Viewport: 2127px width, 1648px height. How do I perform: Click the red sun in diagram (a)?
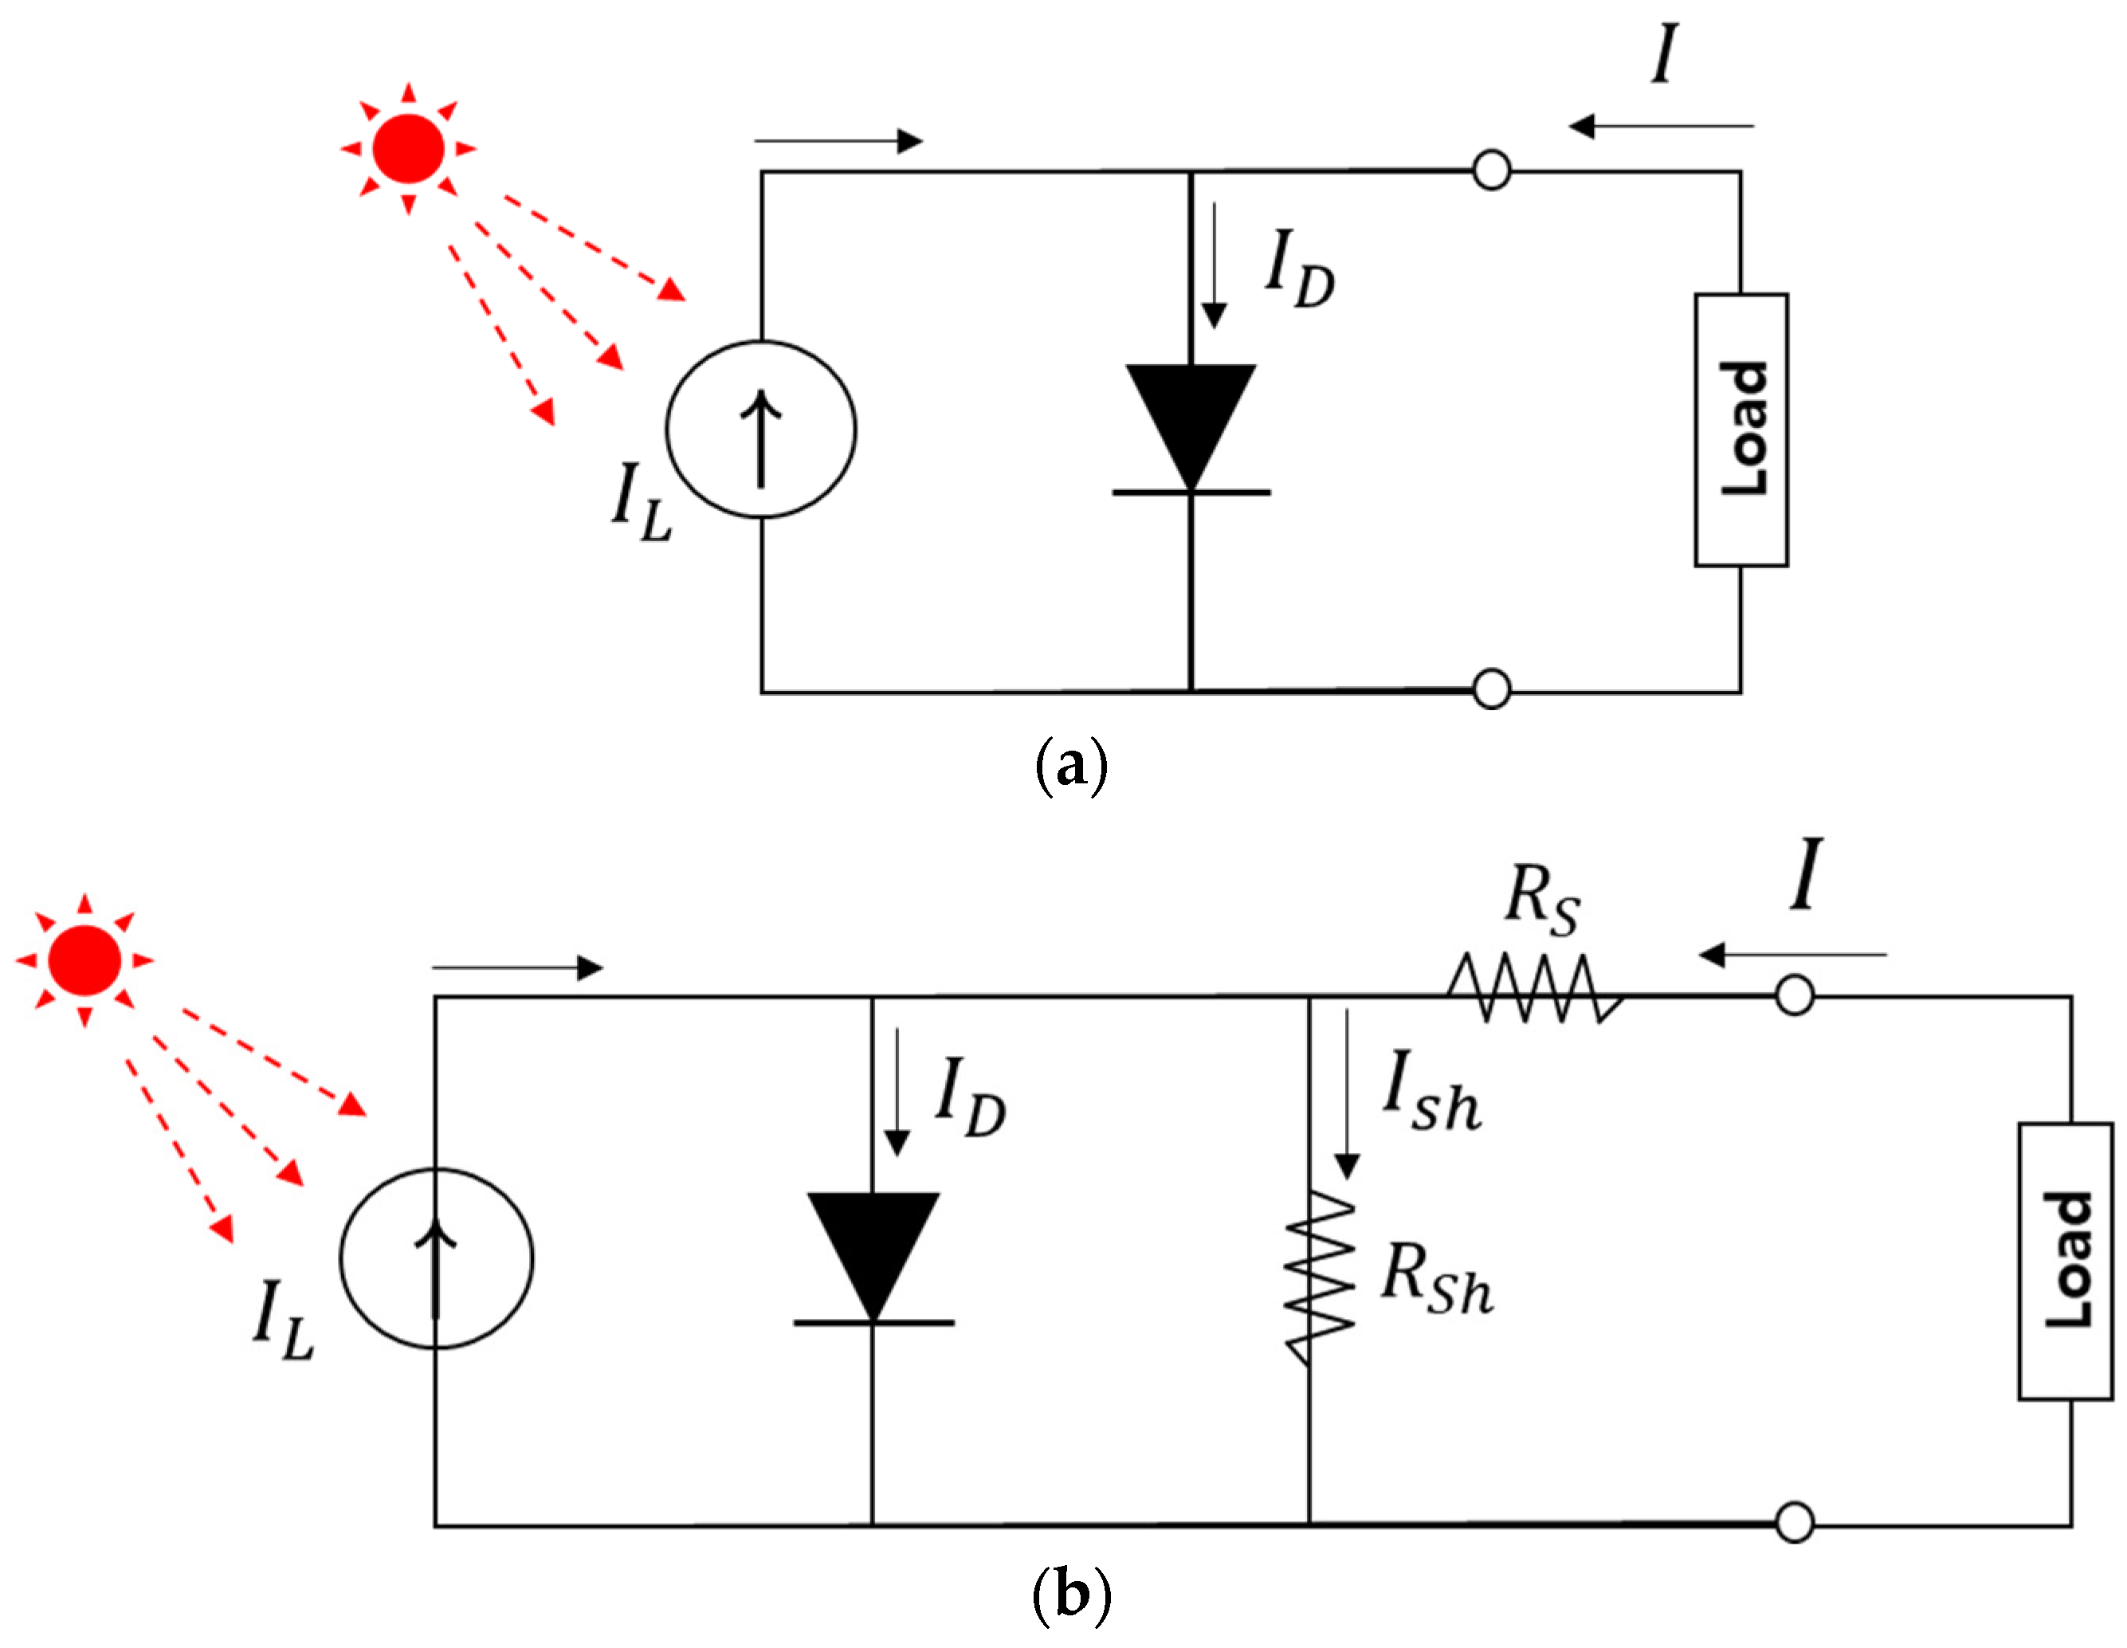(408, 149)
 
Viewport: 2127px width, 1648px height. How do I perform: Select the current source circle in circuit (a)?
(762, 430)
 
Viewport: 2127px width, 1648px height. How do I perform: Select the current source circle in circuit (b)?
(436, 1258)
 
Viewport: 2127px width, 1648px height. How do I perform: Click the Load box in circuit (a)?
(1741, 430)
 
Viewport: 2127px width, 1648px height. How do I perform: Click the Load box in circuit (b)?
(2065, 1262)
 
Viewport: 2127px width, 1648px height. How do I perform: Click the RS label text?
(1542, 899)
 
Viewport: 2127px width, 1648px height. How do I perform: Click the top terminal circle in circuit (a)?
(1491, 171)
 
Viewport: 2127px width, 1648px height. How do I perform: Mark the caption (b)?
(1070, 1595)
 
